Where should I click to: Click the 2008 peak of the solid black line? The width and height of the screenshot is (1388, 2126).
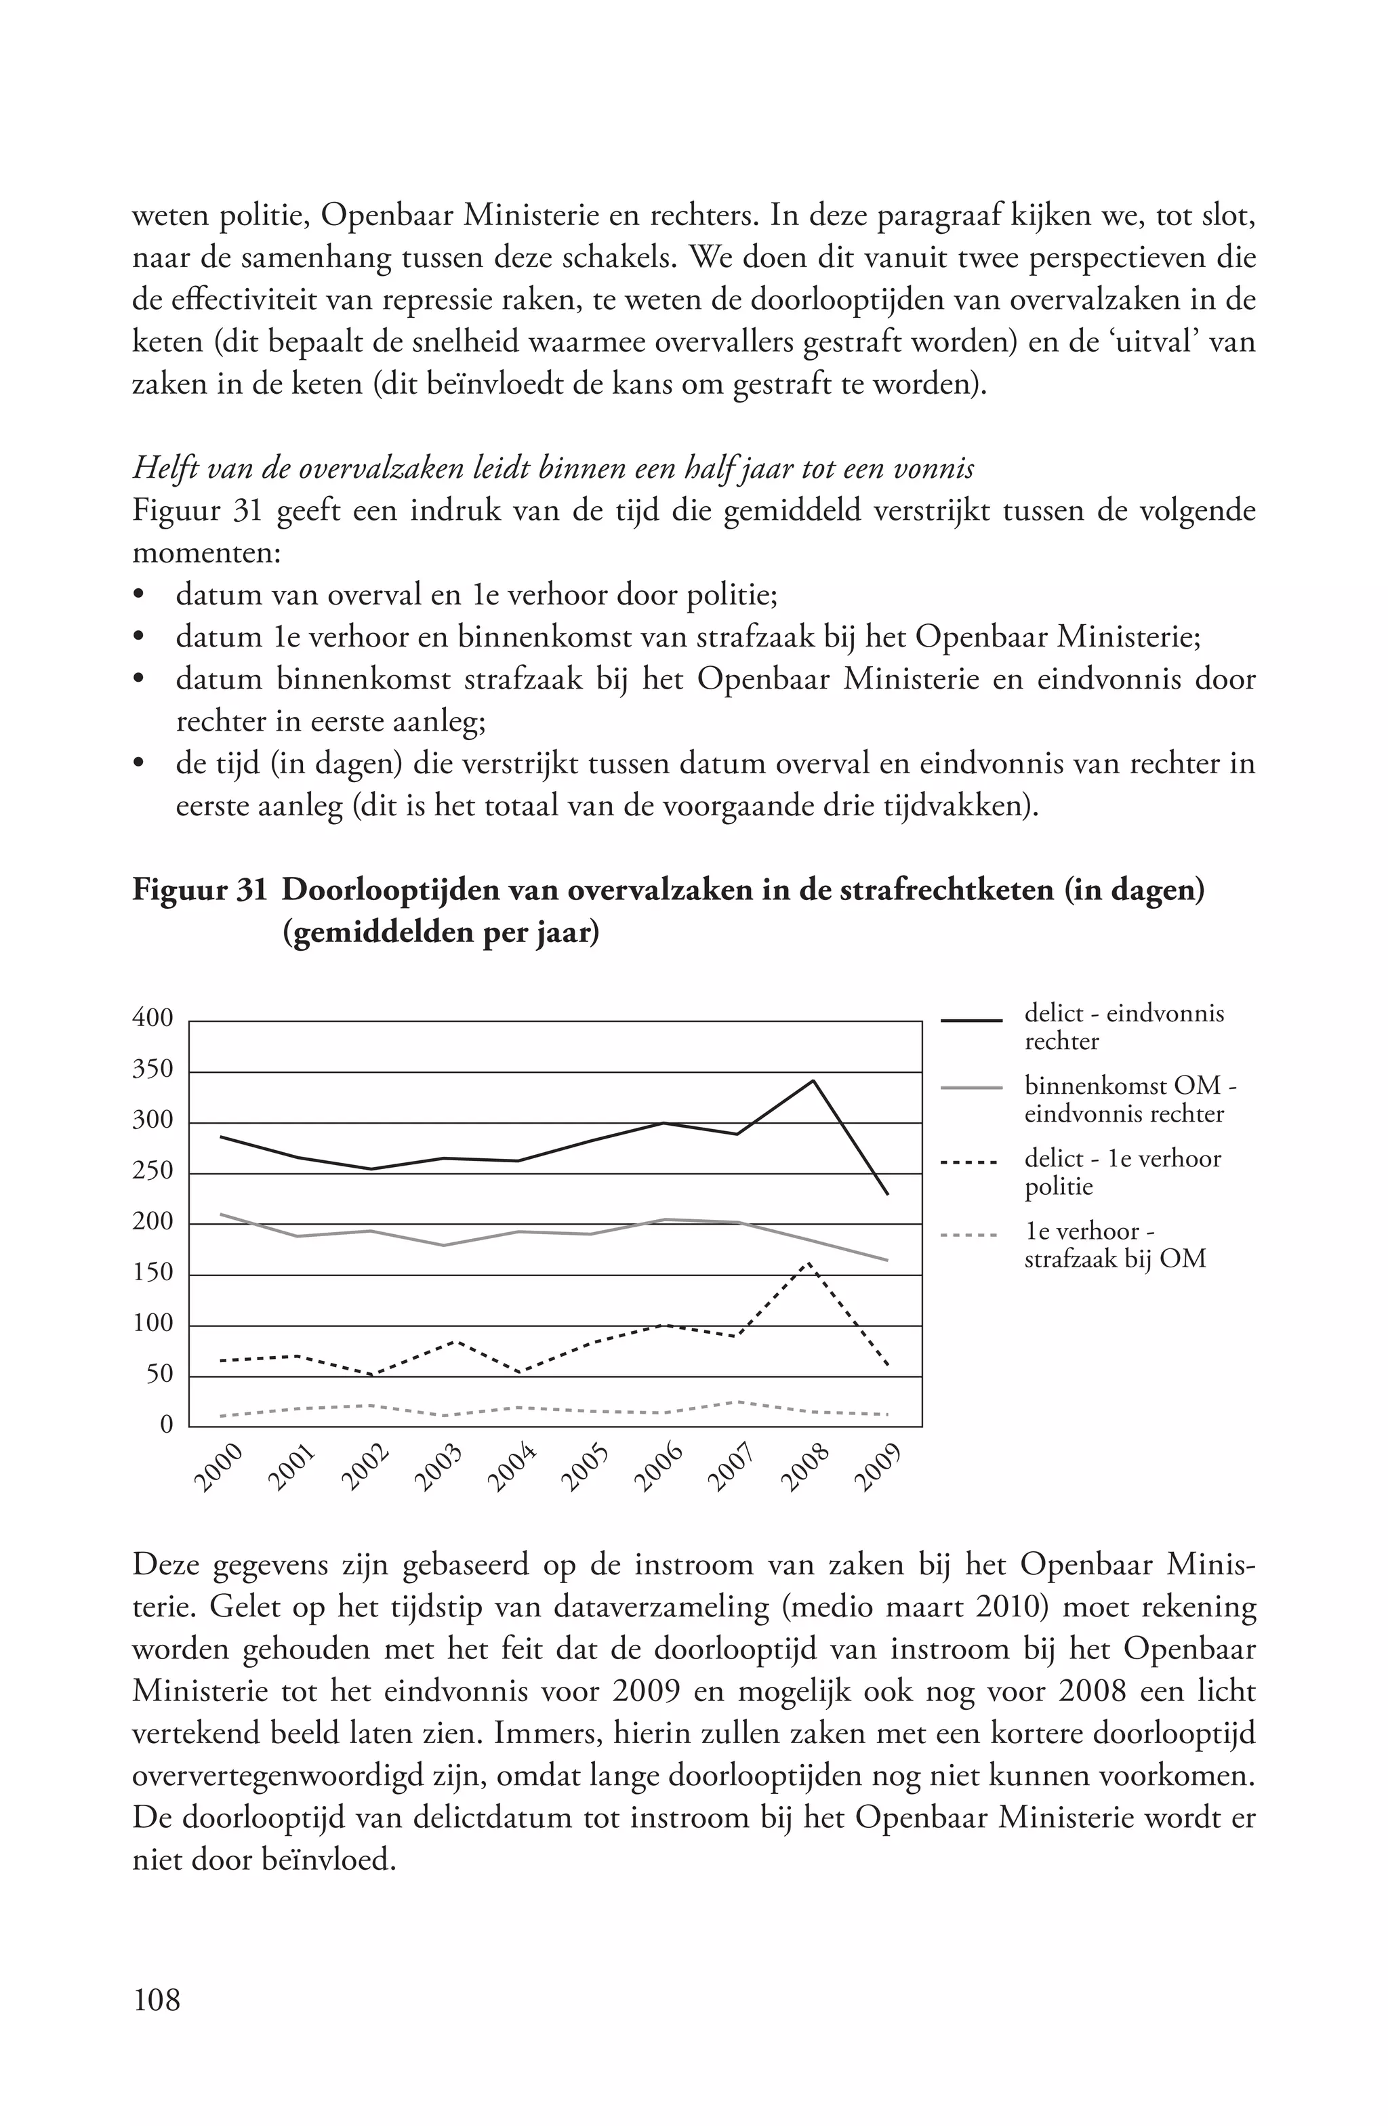tap(812, 1081)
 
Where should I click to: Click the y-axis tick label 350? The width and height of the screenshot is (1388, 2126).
tap(152, 1070)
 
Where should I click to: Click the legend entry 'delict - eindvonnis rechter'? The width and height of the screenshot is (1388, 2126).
tap(1123, 1027)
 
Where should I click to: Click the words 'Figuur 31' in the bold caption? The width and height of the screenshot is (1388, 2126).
tap(199, 891)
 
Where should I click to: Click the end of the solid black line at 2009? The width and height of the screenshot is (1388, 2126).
tap(887, 1194)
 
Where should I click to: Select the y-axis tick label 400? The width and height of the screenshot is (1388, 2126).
tap(152, 1019)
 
